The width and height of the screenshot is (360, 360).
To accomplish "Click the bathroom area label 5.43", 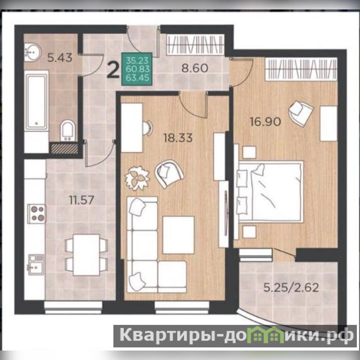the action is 60,58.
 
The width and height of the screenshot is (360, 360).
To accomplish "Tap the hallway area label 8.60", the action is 195,68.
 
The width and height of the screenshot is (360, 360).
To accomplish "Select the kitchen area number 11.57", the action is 82,200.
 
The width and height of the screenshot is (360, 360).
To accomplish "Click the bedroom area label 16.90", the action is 265,121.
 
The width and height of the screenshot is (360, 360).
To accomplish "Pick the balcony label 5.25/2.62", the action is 291,288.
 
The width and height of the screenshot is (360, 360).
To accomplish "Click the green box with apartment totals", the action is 137,69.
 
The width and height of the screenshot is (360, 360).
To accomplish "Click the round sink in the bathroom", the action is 32,52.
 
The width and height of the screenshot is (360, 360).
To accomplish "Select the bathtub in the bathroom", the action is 36,100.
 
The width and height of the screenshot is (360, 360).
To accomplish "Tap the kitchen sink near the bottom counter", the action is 36,265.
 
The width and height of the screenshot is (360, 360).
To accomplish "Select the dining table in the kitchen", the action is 86,255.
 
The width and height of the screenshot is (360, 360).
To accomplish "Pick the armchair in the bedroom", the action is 301,113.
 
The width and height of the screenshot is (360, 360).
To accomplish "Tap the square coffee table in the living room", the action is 178,234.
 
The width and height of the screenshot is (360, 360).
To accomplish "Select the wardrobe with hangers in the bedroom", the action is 301,69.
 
